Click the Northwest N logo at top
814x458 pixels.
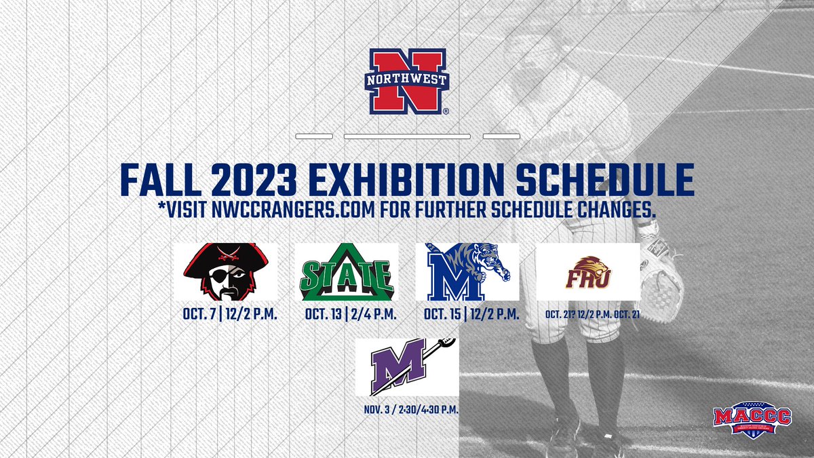(x=407, y=81)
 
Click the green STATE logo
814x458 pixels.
(x=347, y=271)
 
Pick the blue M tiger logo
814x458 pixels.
(x=467, y=271)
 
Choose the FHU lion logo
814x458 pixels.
(x=588, y=271)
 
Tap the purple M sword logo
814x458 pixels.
(x=407, y=367)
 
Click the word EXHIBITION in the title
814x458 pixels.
(x=404, y=178)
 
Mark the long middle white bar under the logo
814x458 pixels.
(x=407, y=136)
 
